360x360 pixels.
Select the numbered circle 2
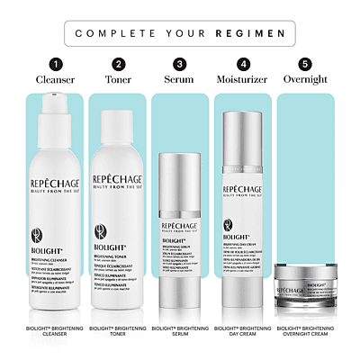tap(119, 65)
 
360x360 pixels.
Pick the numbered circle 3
tap(180, 65)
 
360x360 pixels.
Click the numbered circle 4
tap(243, 65)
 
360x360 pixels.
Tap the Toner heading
tap(119, 81)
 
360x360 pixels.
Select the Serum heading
tap(180, 81)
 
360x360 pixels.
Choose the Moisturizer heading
tap(243, 81)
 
